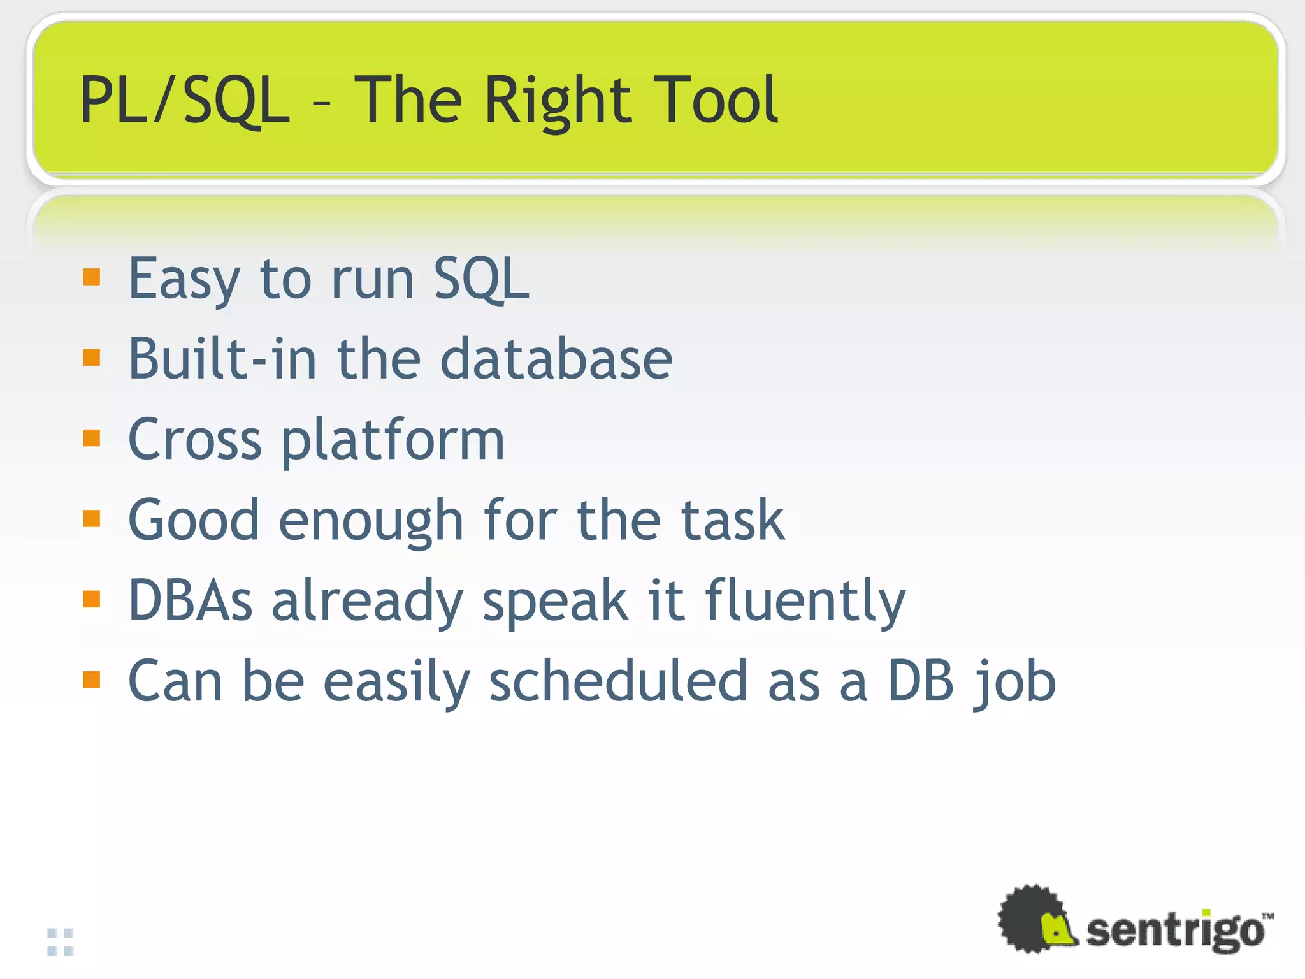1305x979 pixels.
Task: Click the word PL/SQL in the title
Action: coord(185,100)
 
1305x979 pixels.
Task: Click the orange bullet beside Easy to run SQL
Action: coord(92,277)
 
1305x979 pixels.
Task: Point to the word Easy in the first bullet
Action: coord(184,279)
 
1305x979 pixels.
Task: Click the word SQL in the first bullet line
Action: coord(481,279)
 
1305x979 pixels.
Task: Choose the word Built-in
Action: coord(222,359)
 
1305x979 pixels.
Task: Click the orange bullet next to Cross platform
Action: coord(92,439)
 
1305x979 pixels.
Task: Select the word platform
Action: coord(393,441)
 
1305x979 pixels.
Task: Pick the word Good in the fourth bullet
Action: coord(194,520)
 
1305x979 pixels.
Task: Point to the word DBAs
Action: coord(191,600)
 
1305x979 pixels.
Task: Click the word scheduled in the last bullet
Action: coord(617,681)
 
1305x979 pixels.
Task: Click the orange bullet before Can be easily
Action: coord(92,680)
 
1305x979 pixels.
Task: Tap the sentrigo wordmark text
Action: coord(1174,931)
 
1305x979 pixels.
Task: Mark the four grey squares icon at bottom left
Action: coord(61,942)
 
